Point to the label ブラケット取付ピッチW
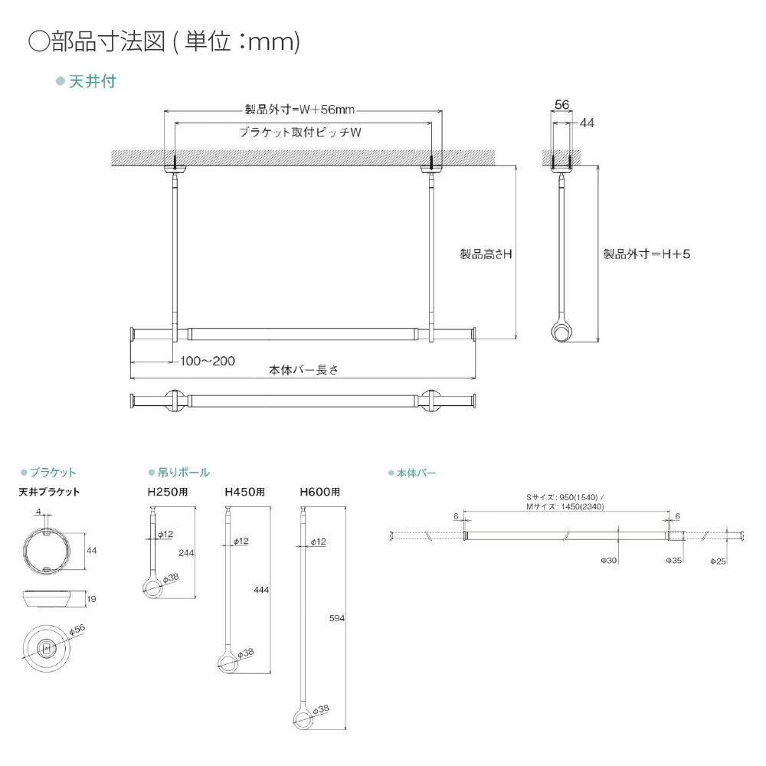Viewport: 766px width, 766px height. pos(300,132)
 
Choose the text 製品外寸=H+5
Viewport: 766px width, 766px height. pos(647,253)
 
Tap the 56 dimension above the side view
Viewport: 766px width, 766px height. pos(561,106)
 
